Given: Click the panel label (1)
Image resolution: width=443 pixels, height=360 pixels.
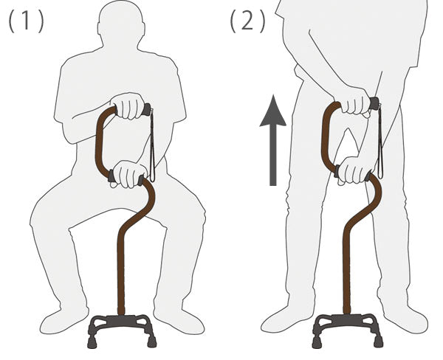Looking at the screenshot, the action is click(x=27, y=21).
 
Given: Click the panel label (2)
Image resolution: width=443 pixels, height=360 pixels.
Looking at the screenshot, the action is click(x=247, y=21).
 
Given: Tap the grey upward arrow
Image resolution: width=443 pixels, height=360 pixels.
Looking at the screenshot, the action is click(x=273, y=140).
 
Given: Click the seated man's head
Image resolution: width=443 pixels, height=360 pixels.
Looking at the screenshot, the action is click(x=121, y=24).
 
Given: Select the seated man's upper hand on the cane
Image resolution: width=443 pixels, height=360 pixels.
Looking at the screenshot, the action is click(x=128, y=106).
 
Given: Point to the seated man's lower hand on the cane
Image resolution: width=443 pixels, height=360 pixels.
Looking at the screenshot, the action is click(x=128, y=174).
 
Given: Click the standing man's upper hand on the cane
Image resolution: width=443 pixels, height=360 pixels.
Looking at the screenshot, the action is click(x=355, y=100).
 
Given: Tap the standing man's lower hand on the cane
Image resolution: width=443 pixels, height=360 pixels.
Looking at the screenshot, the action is click(x=354, y=170).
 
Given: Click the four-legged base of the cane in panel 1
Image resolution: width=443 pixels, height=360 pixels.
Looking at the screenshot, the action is click(x=122, y=330).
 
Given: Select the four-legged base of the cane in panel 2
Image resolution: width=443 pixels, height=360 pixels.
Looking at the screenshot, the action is click(x=348, y=330).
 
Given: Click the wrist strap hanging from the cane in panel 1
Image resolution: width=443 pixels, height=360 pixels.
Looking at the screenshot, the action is click(x=152, y=144).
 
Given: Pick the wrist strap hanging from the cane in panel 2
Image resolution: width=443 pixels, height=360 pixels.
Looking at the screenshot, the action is click(x=380, y=140).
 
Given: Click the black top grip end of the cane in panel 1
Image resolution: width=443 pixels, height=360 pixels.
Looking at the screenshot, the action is click(x=147, y=110).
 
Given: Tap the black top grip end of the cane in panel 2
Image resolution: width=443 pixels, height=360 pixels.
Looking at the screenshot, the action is click(x=374, y=103).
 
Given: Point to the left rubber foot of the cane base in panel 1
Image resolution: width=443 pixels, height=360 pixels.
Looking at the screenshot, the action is click(x=92, y=342).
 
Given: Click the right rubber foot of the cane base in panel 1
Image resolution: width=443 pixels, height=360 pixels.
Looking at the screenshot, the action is click(x=152, y=342).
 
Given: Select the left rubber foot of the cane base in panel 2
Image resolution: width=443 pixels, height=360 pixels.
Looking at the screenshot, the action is click(x=317, y=342).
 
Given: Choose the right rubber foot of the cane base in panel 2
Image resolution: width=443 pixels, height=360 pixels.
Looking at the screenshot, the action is click(x=379, y=342).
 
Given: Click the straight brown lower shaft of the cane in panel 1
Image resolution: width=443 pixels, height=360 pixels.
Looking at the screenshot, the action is click(x=121, y=271).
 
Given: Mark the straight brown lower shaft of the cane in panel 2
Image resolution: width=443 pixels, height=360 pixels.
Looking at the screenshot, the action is click(x=347, y=270).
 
